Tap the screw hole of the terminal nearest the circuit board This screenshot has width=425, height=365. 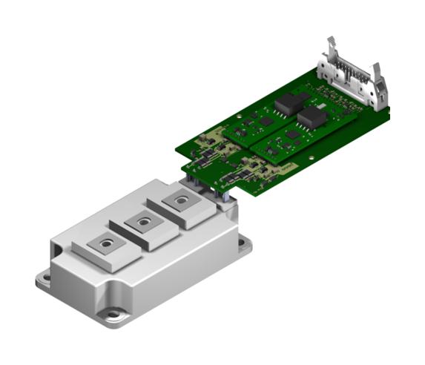pos(179,200)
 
